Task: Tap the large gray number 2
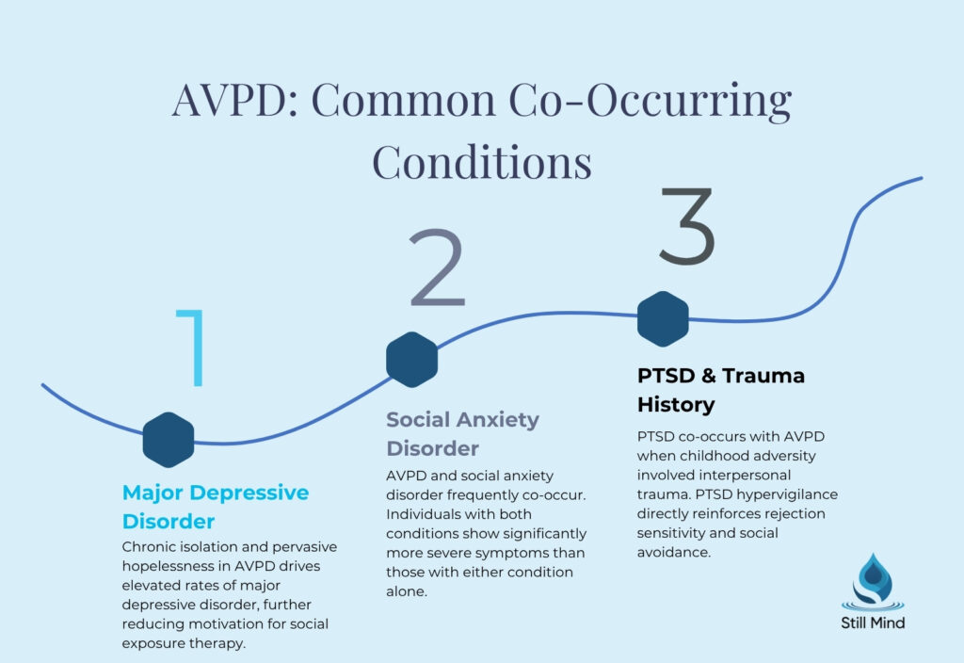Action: click(437, 268)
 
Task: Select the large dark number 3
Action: click(686, 226)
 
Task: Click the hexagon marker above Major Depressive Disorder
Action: click(169, 440)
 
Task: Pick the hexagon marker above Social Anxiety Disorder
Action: click(412, 359)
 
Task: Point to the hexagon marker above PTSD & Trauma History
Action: click(663, 318)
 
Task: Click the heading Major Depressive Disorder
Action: click(216, 507)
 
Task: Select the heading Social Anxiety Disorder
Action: click(462, 433)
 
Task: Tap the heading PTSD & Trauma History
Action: click(720, 390)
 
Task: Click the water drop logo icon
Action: click(872, 582)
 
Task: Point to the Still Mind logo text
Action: click(872, 622)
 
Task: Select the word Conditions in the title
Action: click(482, 160)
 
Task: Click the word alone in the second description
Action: click(408, 590)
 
